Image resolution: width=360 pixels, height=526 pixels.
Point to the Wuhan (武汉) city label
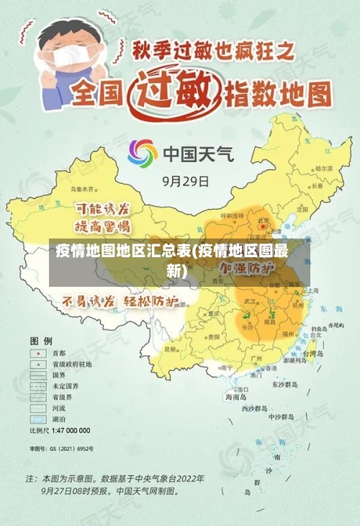pyautogui.click(x=250, y=300)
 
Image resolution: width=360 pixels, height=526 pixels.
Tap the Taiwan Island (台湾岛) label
pyautogui.click(x=316, y=354)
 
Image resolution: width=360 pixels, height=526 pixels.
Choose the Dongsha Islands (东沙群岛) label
pyautogui.click(x=283, y=383)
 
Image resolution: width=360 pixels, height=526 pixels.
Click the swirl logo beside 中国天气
pyautogui.click(x=143, y=153)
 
